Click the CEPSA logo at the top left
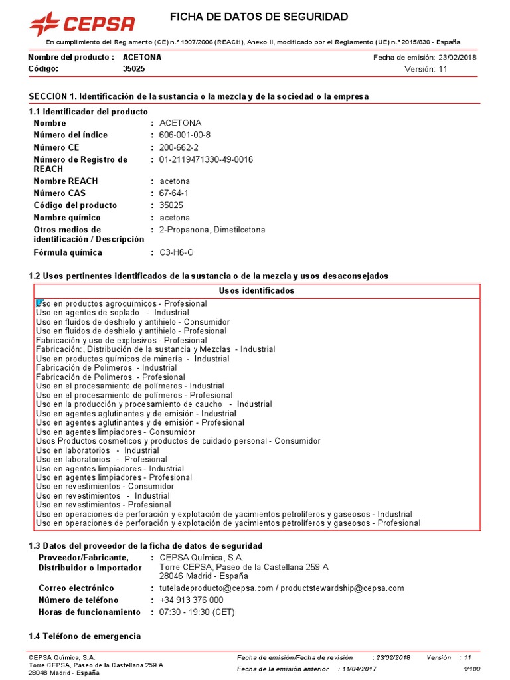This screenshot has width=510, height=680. pos(82,24)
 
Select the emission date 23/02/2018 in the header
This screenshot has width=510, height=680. pos(457,57)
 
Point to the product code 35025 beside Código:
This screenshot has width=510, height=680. pos(134,69)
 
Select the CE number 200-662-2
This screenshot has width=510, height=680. pos(179,147)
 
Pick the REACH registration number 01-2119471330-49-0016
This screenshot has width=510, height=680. pos(206,160)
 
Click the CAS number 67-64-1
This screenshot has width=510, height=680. pos(174,193)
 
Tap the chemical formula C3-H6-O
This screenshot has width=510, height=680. pos(177,253)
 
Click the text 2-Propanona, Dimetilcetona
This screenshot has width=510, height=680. pos(212,230)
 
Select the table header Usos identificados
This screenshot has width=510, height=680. pos(256,291)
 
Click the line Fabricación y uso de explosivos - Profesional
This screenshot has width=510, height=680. pos(122,340)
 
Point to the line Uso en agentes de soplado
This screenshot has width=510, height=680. pos(112,313)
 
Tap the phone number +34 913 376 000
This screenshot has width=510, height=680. pos(191,600)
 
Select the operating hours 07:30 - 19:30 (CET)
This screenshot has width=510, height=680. pos(197,612)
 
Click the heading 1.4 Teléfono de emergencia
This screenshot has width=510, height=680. pos(84,636)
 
